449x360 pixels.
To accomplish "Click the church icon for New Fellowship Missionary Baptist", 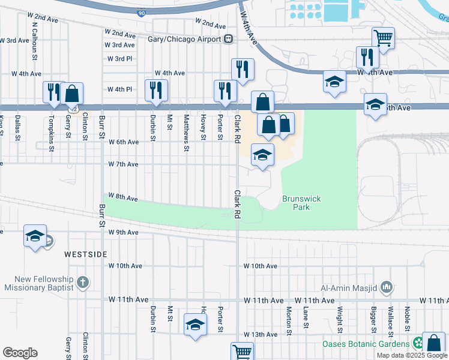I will click(83, 281).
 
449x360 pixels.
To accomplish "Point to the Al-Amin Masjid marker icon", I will click(387, 288).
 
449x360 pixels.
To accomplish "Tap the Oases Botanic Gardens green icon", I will click(419, 344).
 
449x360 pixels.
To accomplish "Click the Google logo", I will click(20, 353).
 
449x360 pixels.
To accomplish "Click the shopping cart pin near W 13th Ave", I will click(243, 352).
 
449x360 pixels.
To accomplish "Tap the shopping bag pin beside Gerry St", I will click(71, 94).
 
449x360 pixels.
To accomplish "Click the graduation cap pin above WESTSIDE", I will click(35, 235).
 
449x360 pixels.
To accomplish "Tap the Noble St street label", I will click(407, 319).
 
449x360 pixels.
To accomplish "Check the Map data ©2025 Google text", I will click(411, 355).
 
